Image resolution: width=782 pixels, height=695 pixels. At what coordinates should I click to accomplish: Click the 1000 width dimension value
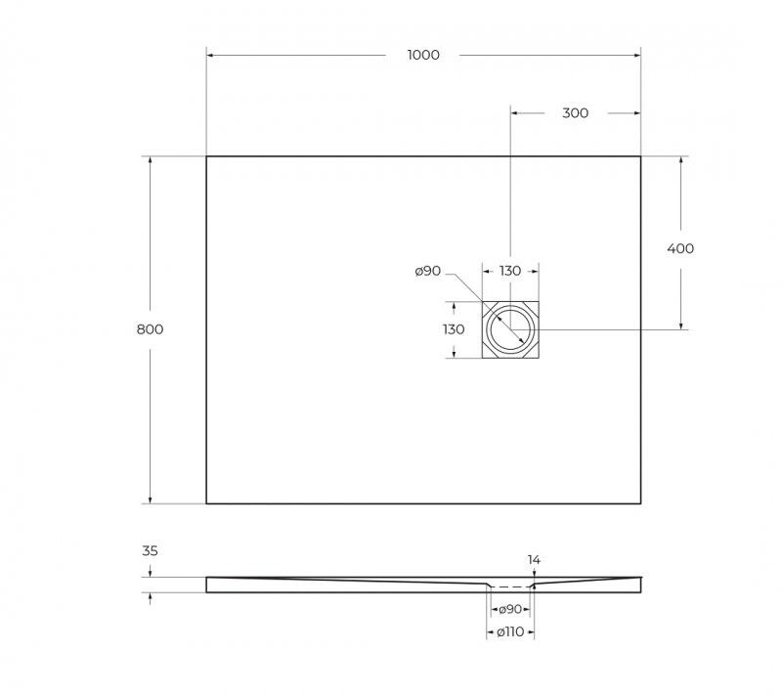423,55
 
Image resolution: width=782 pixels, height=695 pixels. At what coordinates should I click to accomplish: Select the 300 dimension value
576,112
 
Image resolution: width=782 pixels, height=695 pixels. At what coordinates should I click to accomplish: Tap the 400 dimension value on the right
680,248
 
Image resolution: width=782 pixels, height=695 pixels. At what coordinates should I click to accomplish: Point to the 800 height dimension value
150,329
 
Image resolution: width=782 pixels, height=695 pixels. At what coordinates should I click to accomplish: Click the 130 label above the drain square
510,271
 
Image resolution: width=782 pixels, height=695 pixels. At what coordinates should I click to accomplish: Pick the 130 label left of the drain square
454,329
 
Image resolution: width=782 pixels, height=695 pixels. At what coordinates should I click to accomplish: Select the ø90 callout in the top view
428,271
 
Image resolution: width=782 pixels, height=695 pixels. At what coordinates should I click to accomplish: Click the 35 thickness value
150,551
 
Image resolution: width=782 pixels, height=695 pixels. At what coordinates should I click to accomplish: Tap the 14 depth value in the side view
534,560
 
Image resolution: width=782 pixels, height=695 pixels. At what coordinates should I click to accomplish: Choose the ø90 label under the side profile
509,609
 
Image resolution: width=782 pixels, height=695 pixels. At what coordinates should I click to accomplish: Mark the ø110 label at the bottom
509,632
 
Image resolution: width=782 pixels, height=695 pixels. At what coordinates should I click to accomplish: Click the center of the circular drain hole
510,329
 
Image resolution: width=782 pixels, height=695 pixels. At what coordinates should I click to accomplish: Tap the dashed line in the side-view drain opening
509,586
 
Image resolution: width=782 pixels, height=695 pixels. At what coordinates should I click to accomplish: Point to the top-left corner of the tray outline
206,156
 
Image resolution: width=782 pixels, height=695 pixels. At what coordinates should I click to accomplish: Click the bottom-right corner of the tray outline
640,503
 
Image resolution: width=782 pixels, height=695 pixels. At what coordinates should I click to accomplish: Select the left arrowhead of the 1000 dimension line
210,55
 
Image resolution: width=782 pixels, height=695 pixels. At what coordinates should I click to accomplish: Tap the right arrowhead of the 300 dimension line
636,112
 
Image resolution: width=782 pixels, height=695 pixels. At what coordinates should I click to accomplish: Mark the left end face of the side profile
206,585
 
